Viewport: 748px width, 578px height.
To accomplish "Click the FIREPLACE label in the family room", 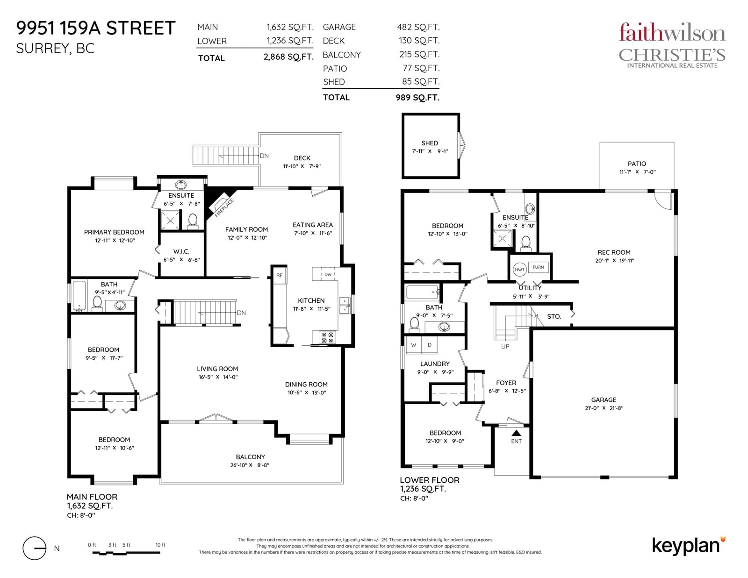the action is point(224,208).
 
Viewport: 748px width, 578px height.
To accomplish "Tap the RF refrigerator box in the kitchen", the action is point(280,275).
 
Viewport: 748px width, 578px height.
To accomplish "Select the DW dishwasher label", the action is point(328,274).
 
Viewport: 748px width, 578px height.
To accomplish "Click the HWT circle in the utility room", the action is point(519,270).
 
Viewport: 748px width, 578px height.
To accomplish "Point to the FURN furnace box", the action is point(538,267).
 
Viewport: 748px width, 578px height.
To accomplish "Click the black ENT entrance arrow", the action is point(516,433).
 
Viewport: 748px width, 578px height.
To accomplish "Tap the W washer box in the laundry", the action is point(414,345).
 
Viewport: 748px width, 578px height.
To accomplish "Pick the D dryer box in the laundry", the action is point(429,345).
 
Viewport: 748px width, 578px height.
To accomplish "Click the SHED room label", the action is point(430,143).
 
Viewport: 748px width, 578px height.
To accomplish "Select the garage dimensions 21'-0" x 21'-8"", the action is point(604,408).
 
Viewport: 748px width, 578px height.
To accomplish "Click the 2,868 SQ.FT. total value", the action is point(288,57).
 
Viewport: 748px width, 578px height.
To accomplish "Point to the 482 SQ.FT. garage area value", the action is point(418,27).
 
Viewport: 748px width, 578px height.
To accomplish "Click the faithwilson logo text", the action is point(672,33).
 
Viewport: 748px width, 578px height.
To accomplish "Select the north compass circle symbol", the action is point(35,549).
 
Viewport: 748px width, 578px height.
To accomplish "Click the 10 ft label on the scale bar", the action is point(160,545).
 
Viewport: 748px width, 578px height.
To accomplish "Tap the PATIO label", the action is point(637,164).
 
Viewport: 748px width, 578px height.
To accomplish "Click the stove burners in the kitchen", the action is point(327,337).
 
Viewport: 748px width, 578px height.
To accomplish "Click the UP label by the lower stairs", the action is point(505,346).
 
